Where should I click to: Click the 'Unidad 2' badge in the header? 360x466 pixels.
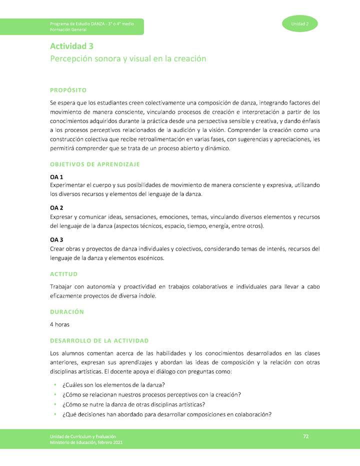point(300,24)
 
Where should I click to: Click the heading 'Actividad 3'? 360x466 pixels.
point(71,46)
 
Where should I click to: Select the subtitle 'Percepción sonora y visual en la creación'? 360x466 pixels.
point(128,58)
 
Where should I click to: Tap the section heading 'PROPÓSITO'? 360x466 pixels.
point(68,90)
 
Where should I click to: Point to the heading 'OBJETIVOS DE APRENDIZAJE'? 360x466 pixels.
point(95,164)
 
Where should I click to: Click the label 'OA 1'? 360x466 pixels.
point(56,177)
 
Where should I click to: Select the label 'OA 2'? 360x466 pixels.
point(56,207)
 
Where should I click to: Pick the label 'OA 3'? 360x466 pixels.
point(56,240)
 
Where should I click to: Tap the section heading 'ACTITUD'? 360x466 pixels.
point(63,274)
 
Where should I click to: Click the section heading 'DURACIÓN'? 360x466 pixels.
point(66,311)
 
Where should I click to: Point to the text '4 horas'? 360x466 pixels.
point(59,324)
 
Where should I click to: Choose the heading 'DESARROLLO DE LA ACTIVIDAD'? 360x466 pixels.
point(99,340)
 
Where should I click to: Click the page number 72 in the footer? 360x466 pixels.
point(305,437)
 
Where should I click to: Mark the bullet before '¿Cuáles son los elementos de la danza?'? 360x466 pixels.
point(54,384)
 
